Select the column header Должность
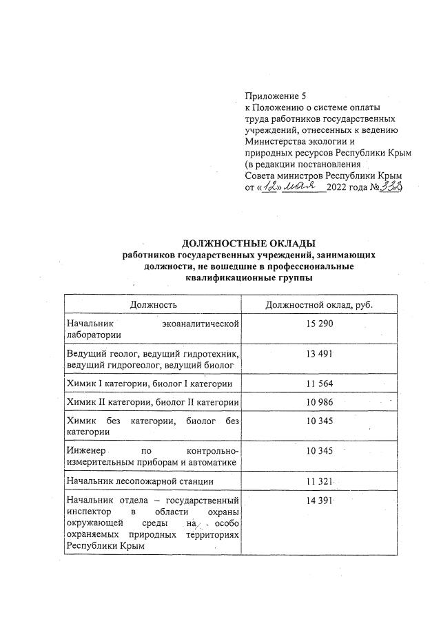(153, 304)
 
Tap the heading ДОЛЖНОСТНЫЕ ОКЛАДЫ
(248, 243)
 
